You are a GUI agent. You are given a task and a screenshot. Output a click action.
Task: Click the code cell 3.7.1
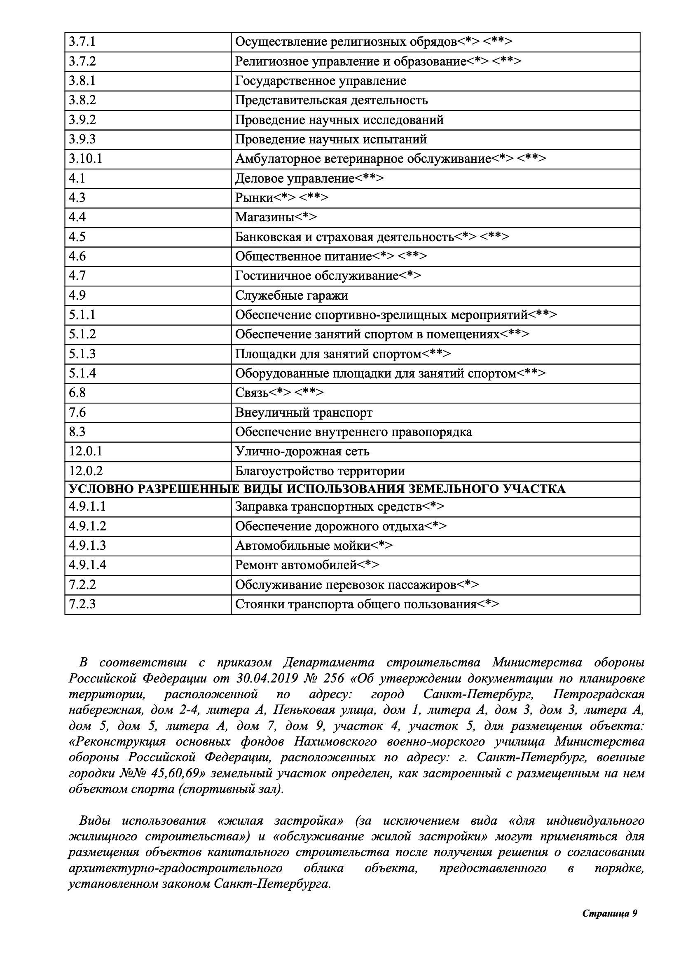click(x=82, y=42)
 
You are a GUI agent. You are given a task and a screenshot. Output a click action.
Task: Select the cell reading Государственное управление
click(x=320, y=81)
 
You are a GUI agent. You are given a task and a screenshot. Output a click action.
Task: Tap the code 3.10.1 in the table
click(x=86, y=159)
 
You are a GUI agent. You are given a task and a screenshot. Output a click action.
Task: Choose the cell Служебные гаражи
click(x=291, y=296)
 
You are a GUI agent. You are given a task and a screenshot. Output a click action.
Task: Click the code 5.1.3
click(x=82, y=354)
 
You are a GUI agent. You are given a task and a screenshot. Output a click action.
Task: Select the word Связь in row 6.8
click(x=251, y=393)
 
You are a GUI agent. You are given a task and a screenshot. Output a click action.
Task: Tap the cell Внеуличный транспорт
click(x=303, y=412)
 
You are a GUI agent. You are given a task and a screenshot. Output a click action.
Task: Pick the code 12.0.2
click(x=86, y=471)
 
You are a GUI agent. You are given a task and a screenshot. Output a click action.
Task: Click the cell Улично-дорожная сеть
click(x=302, y=451)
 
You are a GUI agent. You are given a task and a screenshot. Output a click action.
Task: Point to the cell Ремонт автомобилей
click(x=295, y=565)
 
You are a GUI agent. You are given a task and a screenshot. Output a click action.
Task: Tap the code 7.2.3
click(x=82, y=604)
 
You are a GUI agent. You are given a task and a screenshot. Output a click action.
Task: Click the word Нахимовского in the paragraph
click(x=335, y=742)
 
